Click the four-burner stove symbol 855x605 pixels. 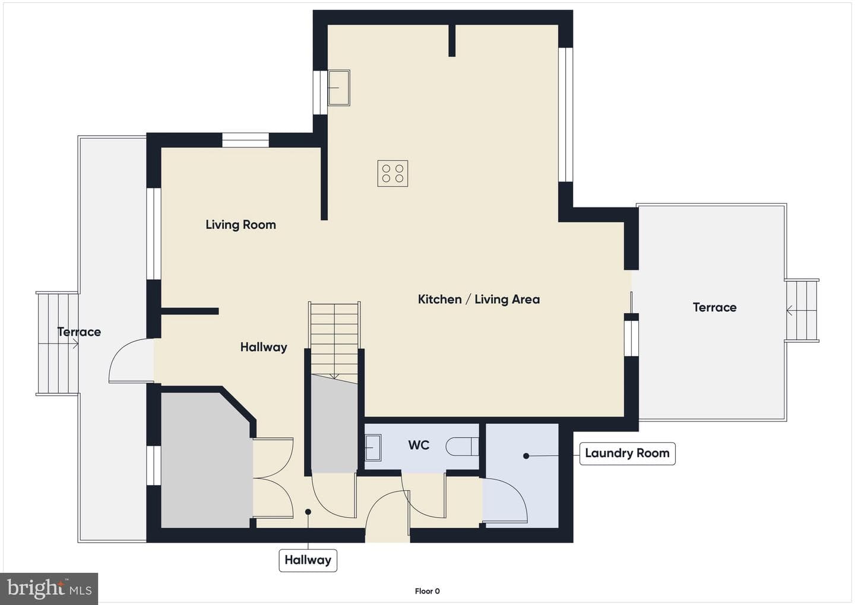(392, 174)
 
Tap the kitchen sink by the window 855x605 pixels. (339, 87)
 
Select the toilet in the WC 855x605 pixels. (462, 446)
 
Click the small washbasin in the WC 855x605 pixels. (373, 448)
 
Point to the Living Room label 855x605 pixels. (241, 225)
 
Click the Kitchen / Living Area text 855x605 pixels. (479, 299)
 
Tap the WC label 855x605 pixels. (419, 445)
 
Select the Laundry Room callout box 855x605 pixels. (627, 453)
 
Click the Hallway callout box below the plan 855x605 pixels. (308, 560)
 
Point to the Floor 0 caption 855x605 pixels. (427, 591)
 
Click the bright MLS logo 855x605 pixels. (49, 588)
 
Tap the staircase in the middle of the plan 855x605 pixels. (334, 340)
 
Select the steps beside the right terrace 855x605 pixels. (802, 310)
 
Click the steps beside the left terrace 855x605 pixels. (57, 344)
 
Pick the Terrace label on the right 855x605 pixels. (714, 307)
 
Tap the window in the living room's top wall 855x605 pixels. (245, 140)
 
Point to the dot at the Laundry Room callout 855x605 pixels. (526, 456)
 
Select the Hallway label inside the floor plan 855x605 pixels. (264, 347)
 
